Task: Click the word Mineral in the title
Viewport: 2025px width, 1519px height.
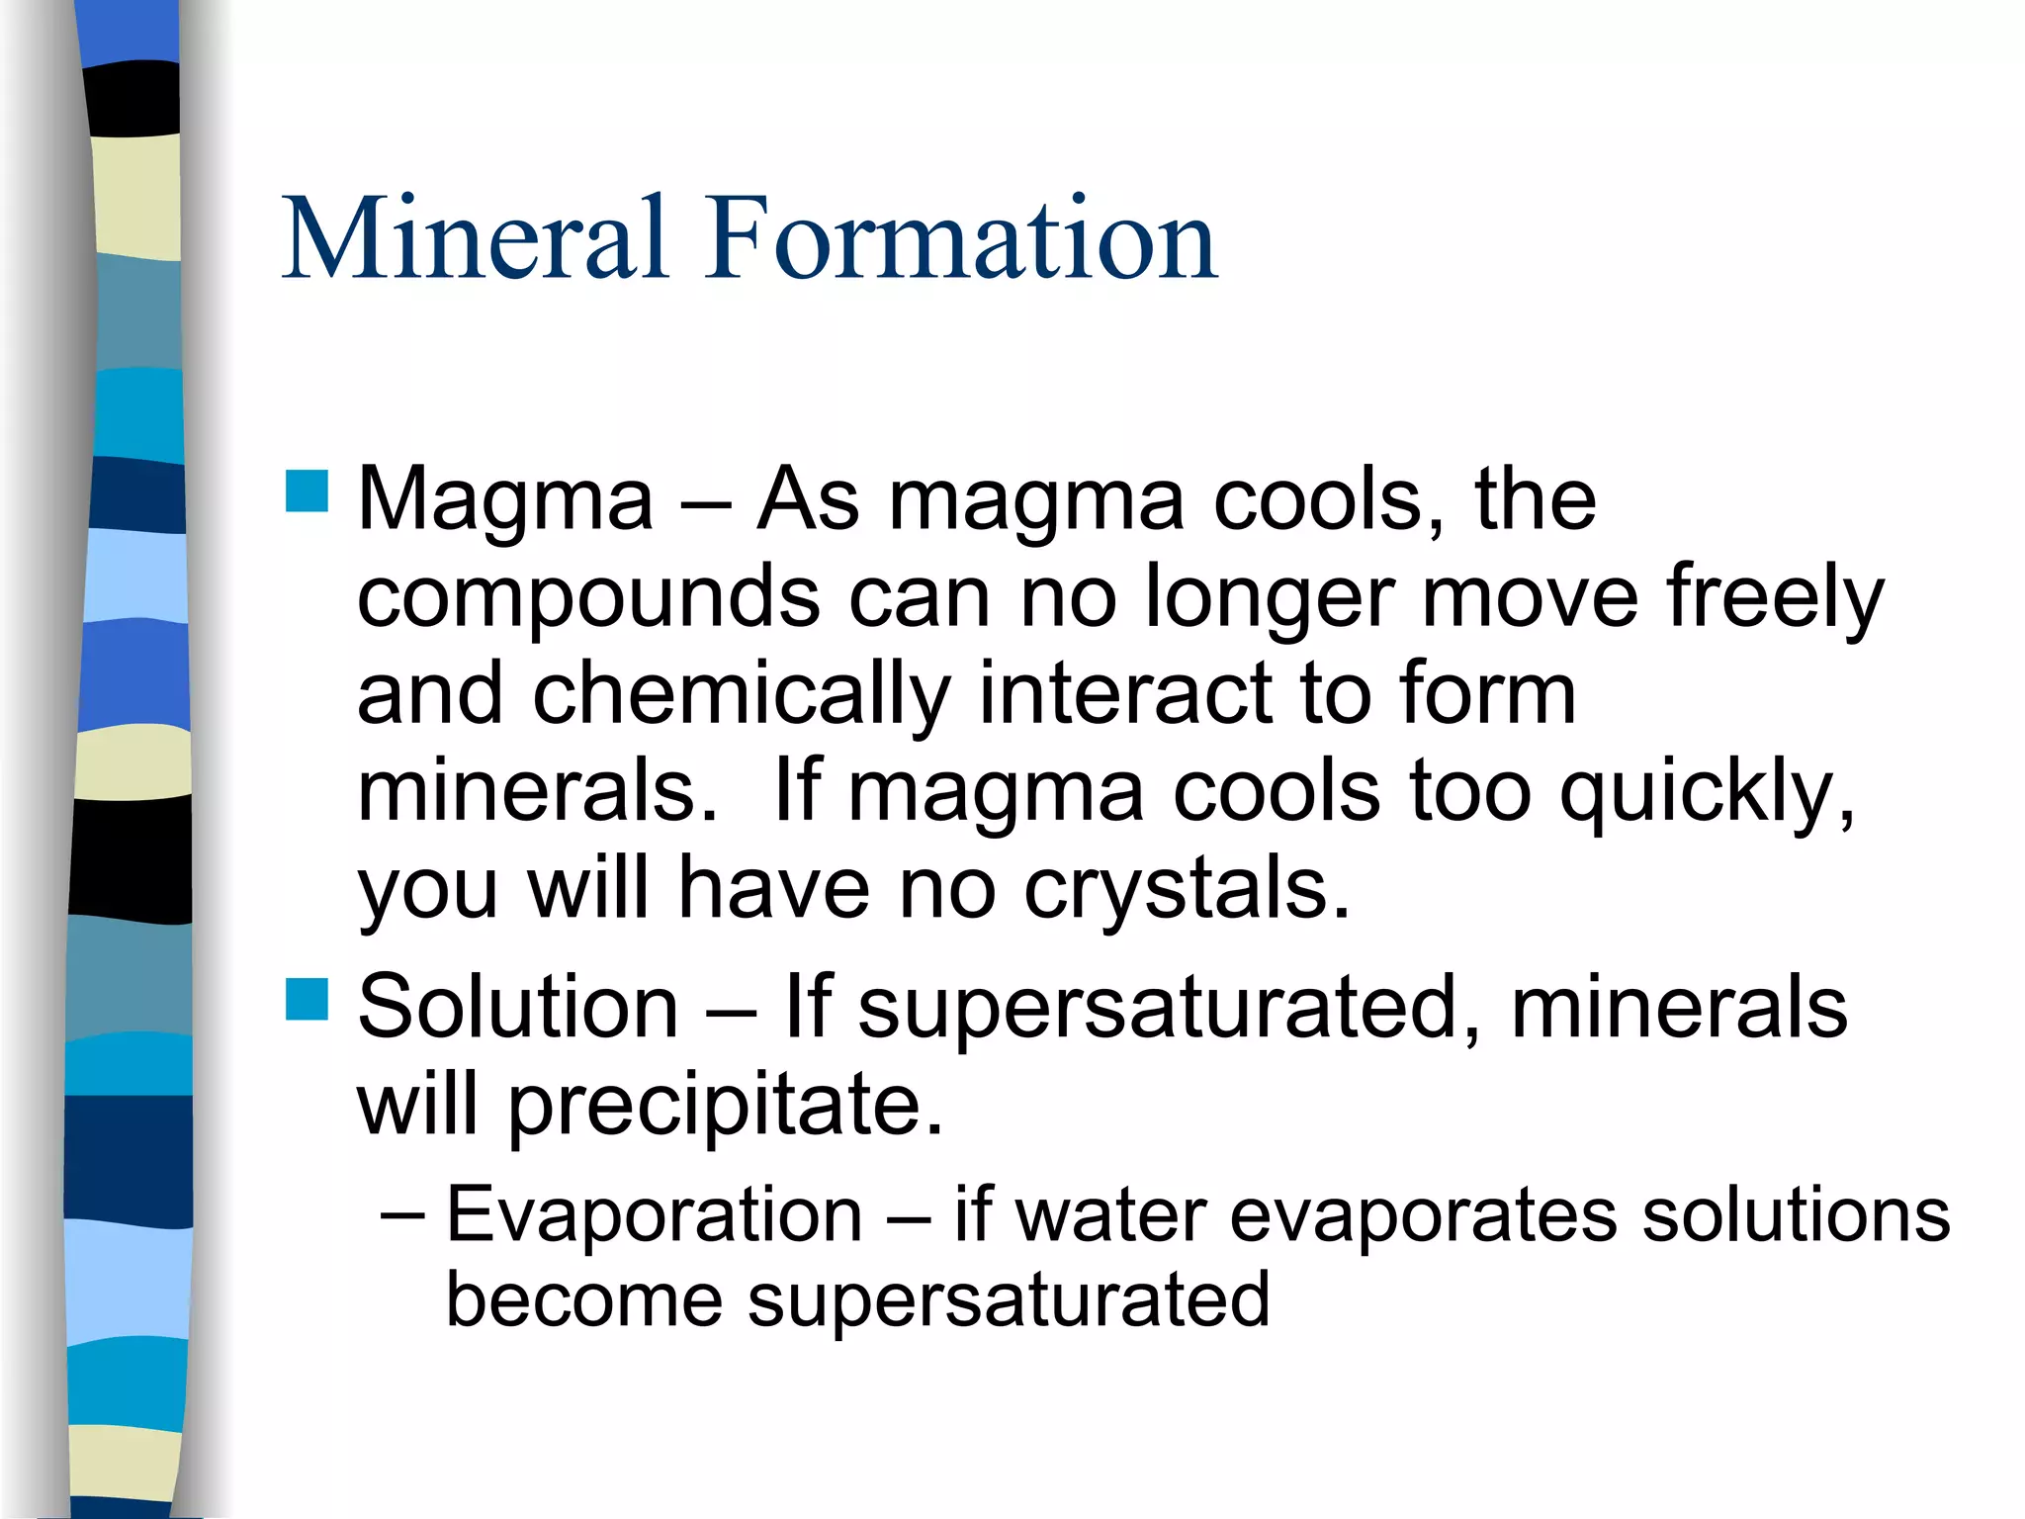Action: coord(475,239)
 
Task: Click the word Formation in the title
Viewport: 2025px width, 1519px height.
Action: coord(960,239)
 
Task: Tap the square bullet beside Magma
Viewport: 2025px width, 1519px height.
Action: coord(307,491)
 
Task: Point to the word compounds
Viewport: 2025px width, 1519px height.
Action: coord(588,597)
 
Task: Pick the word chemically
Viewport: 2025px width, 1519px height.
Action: coord(742,695)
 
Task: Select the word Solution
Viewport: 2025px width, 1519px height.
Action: coord(518,1007)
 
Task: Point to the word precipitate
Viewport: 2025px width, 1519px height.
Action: coord(726,1106)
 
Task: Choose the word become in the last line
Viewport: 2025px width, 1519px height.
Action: coord(584,1299)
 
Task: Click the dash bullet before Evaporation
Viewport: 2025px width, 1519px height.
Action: coord(402,1215)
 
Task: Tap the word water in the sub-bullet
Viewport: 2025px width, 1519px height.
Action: coord(1111,1215)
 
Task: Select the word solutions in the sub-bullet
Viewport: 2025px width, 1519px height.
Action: coord(1796,1214)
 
